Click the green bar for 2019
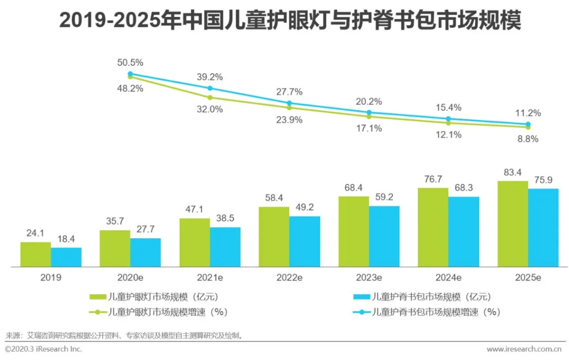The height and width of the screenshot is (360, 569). (x=36, y=255)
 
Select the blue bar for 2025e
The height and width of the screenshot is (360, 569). (x=543, y=228)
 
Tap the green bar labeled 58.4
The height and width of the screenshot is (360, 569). (x=274, y=237)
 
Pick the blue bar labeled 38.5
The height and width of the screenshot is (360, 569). (x=225, y=247)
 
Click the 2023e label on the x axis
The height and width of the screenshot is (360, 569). (x=369, y=277)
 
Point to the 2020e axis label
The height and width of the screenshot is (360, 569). (x=130, y=277)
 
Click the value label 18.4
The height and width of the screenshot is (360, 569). (x=66, y=239)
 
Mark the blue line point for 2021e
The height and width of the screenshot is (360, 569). (x=210, y=88)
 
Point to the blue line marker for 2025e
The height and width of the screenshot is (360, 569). (x=528, y=124)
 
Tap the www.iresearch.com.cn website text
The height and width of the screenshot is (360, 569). (x=523, y=349)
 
